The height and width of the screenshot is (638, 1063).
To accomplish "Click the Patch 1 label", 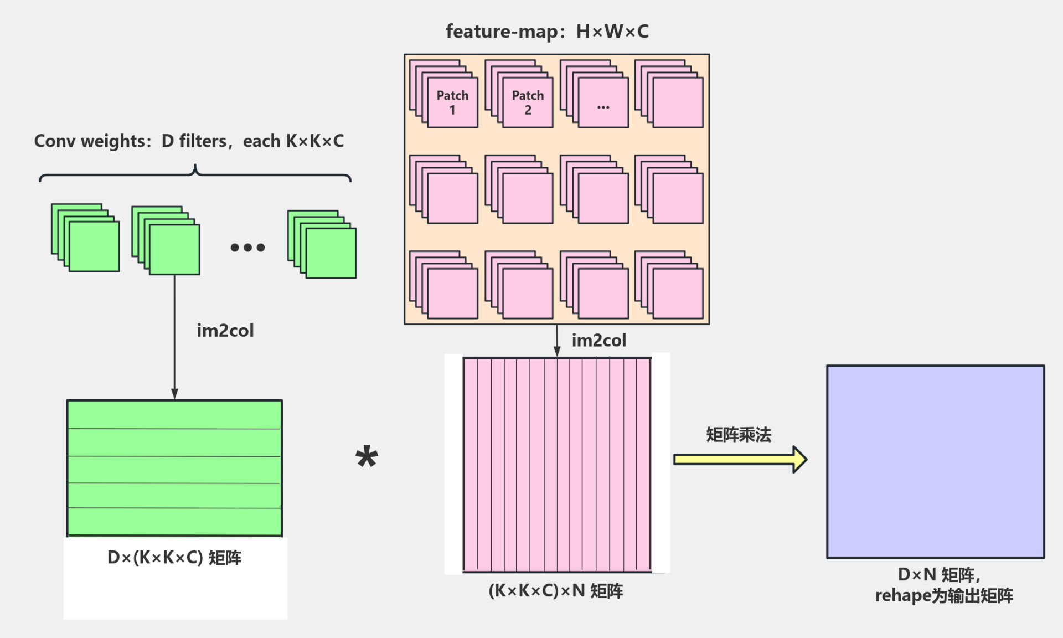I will tap(452, 102).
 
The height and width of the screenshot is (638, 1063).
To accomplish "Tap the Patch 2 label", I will tap(528, 102).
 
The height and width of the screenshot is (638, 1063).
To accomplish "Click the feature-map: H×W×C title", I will tap(547, 32).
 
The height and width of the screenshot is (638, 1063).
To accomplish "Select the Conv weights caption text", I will tap(189, 141).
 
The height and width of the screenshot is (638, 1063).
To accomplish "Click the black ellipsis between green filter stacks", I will tap(247, 248).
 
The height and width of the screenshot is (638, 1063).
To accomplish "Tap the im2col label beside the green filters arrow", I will tap(225, 331).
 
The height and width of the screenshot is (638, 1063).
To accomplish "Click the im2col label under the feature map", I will tap(598, 340).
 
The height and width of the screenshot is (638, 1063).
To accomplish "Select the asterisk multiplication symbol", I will tap(367, 457).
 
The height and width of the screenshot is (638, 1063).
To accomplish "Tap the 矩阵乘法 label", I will tap(739, 435).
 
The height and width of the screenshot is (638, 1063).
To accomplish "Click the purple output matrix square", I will tap(935, 461).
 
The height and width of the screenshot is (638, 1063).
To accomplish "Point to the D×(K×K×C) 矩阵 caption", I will tap(174, 558).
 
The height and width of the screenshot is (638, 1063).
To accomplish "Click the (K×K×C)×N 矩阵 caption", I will tap(555, 591).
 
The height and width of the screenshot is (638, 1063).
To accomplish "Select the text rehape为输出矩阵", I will tap(943, 596).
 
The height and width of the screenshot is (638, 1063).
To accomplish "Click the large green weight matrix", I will tap(174, 468).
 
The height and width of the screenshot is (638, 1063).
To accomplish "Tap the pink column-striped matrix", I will tap(557, 465).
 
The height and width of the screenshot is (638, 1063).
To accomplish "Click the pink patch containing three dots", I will tap(603, 103).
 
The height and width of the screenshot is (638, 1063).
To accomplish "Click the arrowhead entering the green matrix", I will tap(174, 394).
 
